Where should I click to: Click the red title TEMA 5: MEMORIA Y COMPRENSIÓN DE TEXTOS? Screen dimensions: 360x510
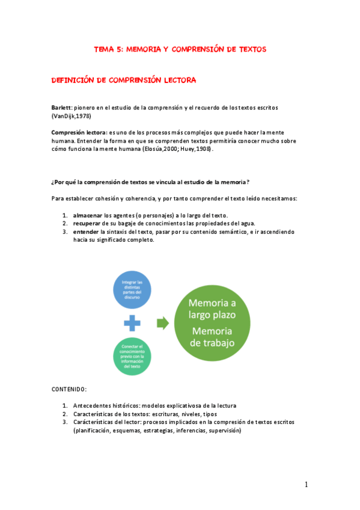point(180,49)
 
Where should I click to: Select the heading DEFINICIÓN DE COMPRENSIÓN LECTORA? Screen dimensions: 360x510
point(124,80)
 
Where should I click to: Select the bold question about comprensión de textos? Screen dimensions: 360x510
point(150,182)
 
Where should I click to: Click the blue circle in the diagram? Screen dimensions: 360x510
point(132,290)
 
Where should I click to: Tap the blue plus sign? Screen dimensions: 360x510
point(132,324)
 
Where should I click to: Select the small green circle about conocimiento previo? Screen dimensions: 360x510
point(132,355)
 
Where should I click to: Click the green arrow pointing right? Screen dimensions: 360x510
point(162,324)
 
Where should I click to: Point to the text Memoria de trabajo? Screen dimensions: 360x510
point(212,337)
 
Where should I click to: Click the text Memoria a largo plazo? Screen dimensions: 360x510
point(212,309)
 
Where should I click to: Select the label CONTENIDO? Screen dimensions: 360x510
point(69,390)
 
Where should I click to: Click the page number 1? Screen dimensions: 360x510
point(306,485)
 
